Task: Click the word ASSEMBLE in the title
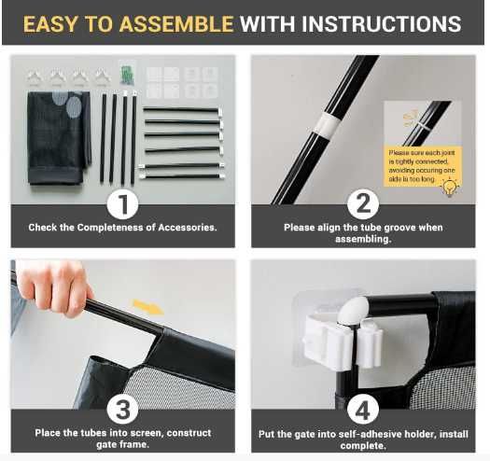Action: pos(176,24)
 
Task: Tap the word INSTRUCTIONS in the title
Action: pos(382,24)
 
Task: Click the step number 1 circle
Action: pos(123,204)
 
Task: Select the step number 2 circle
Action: pos(363,204)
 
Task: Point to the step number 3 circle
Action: pos(123,409)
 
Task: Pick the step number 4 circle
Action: pos(363,409)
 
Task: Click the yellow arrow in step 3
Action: pos(147,307)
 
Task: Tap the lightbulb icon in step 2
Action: pos(449,188)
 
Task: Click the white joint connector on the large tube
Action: pos(325,125)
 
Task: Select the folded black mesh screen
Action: pos(59,137)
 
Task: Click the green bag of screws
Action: pos(127,75)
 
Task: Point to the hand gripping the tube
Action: pos(56,287)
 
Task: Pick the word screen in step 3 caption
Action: pos(146,433)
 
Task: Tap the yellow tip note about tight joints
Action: pos(422,166)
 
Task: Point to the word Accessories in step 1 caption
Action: pos(188,227)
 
